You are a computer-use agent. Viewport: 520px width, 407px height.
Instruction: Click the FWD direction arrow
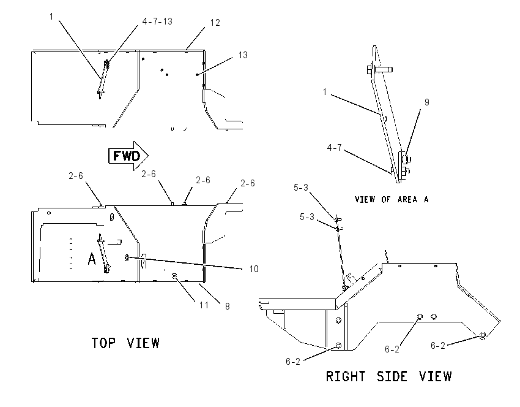click(128, 156)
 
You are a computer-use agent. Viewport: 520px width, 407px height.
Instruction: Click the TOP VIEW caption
click(125, 343)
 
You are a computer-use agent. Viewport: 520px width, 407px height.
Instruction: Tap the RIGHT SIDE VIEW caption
click(388, 376)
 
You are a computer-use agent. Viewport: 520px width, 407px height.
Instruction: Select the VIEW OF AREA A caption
click(392, 199)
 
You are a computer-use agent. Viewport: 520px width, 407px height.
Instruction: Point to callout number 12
click(215, 23)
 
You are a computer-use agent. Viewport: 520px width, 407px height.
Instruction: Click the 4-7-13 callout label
click(157, 21)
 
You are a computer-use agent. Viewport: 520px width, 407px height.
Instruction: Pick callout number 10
click(254, 269)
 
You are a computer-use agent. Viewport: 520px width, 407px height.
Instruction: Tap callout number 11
click(204, 305)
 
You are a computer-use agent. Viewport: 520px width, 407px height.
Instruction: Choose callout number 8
click(228, 306)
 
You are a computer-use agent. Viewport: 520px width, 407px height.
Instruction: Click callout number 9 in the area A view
click(427, 102)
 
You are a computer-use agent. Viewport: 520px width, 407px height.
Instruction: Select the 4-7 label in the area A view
click(334, 148)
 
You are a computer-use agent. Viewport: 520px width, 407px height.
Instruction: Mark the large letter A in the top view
click(92, 259)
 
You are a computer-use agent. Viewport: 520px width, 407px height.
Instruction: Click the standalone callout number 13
click(243, 55)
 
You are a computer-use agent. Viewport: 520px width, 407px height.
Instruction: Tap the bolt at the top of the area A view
click(380, 70)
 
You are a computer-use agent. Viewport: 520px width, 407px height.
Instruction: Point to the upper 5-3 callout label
click(301, 188)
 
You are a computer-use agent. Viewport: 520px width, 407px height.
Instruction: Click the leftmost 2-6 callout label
click(76, 176)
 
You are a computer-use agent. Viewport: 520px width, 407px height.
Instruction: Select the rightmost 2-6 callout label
click(247, 183)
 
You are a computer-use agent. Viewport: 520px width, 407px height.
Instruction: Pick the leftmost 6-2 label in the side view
click(293, 361)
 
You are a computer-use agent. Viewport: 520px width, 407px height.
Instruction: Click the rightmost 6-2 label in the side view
click(438, 346)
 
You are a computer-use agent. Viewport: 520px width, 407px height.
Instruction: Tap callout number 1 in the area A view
click(325, 92)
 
